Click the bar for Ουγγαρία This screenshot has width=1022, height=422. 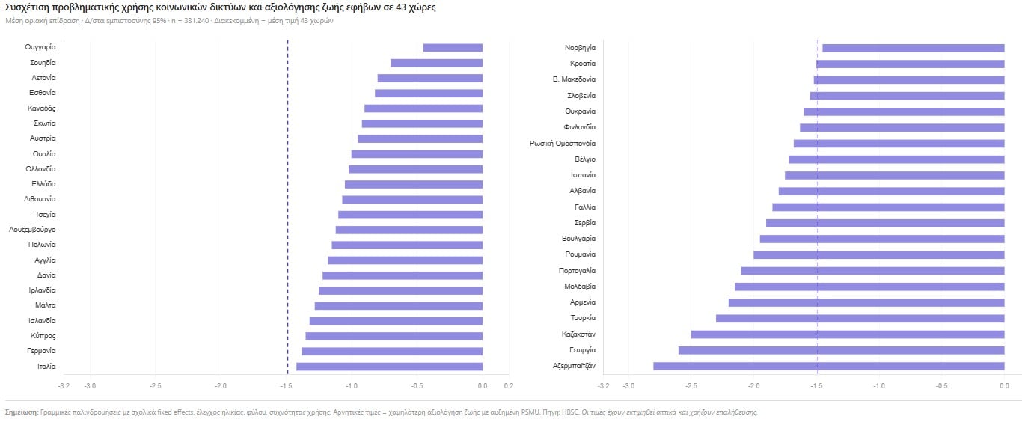pos(453,48)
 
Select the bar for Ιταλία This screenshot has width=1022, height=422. pos(389,367)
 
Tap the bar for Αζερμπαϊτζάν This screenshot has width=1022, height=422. pos(828,366)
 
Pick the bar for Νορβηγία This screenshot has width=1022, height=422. pos(913,48)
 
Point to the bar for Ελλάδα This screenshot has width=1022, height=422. pos(413,184)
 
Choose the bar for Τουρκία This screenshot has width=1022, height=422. pos(860,319)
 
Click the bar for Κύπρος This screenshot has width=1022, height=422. pos(394,336)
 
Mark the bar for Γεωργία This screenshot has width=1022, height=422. pos(841,350)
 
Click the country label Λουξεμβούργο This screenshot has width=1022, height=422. pos(32,230)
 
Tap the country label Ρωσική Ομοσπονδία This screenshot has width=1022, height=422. pos(562,143)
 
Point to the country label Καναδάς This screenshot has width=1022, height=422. pos(43,108)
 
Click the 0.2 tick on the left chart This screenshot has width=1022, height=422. pos(508,386)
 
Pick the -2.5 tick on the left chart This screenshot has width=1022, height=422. pos(155,386)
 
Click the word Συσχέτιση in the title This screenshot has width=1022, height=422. pos(29,7)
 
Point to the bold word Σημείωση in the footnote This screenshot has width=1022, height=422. pos(21,412)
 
